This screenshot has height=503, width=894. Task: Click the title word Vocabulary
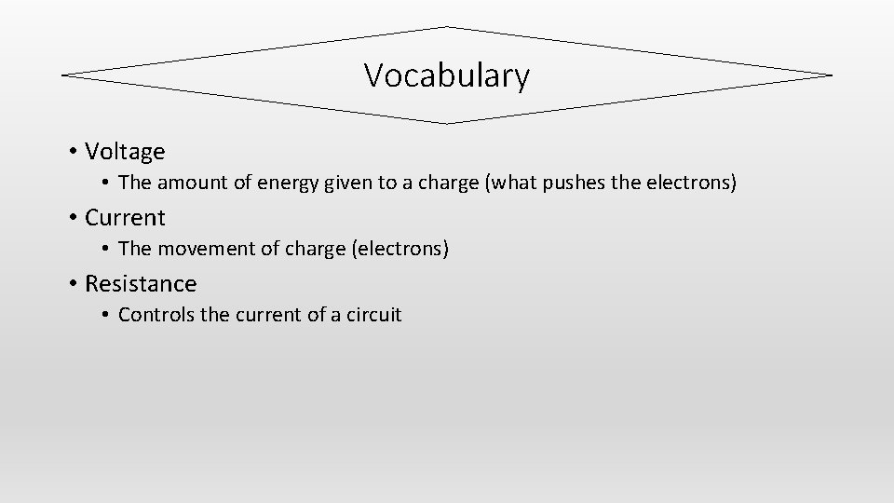coord(446,75)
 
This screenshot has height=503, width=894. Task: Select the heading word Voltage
coord(125,151)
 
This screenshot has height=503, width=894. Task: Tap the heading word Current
coord(125,217)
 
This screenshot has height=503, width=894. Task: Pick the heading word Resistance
coord(141,283)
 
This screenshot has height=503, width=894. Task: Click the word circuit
coord(372,315)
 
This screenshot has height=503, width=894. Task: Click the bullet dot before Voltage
coord(72,152)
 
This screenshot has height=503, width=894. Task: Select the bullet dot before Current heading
coord(72,218)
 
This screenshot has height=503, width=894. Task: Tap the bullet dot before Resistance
coord(72,284)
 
